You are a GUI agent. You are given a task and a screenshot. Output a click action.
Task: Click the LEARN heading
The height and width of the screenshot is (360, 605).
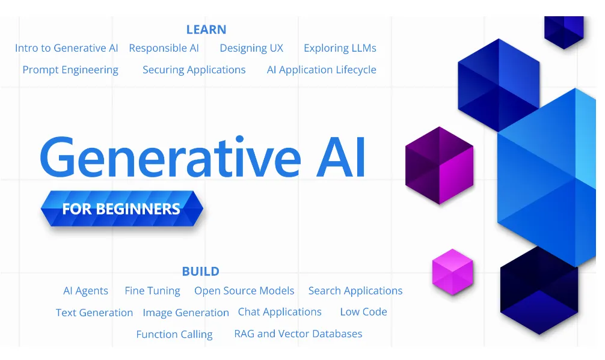pos(206,29)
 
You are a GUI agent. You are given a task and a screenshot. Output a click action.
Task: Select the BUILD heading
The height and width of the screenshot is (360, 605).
pos(201,272)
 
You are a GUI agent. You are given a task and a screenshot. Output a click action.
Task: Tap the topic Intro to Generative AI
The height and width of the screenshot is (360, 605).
pos(66,48)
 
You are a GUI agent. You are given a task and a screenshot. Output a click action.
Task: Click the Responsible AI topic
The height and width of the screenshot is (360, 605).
pos(164,48)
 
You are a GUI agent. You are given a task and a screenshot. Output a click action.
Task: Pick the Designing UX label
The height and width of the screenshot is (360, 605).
pos(251,48)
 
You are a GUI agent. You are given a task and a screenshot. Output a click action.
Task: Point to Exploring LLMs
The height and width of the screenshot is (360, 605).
pos(340,48)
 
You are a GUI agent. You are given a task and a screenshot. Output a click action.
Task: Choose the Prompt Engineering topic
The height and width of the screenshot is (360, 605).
pos(70,70)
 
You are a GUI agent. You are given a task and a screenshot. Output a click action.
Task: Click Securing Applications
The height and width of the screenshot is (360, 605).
pos(194,70)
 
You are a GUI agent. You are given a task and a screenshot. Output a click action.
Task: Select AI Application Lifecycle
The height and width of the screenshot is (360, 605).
pos(321,70)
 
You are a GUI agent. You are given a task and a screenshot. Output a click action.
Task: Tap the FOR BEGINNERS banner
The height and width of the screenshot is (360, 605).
pos(122,209)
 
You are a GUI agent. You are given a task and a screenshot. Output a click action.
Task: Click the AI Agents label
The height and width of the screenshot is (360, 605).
pos(85,291)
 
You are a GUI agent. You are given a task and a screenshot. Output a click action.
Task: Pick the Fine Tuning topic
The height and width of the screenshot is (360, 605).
pos(152,291)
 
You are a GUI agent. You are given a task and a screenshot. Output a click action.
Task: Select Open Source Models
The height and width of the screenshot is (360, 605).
pos(244,291)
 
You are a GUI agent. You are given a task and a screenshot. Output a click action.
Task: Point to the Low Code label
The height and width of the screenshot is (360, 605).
pos(363,312)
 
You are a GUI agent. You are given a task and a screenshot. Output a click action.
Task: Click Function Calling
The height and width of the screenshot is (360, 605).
pos(174,334)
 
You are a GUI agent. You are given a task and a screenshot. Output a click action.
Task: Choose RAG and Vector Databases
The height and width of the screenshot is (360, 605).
pos(298,334)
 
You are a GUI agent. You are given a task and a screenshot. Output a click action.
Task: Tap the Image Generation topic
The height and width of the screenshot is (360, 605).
pos(186,313)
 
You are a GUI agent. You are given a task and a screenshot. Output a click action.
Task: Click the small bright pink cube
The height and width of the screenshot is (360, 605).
pos(453,272)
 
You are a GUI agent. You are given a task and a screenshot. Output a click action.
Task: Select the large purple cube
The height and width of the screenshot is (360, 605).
pos(440,165)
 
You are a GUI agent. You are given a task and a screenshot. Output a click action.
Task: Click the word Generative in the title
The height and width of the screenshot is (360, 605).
pos(170,157)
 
